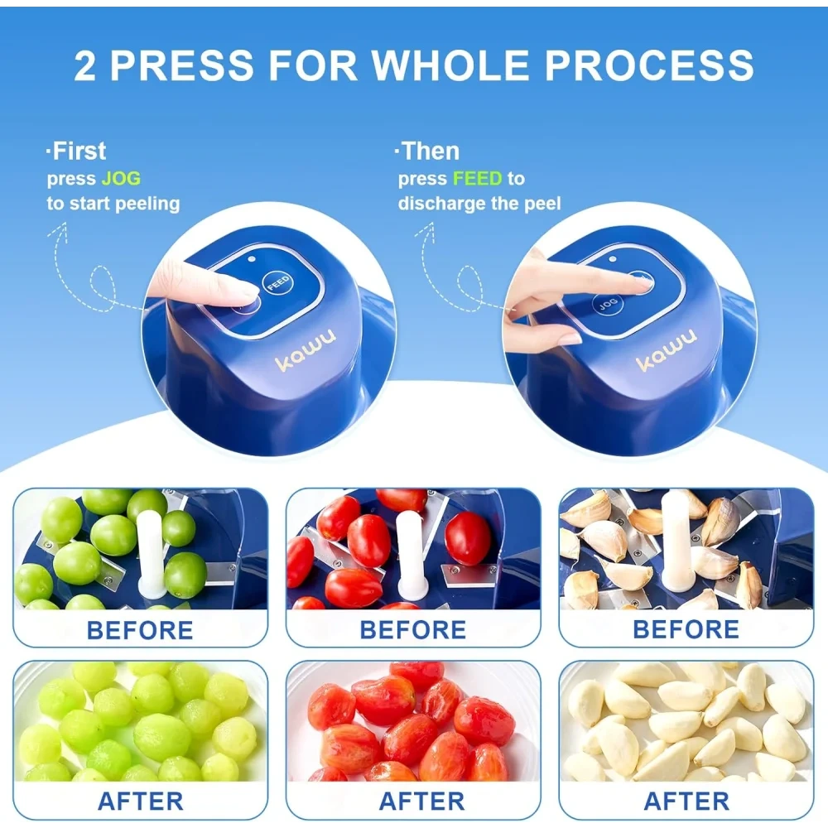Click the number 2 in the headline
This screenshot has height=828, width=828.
(x=85, y=65)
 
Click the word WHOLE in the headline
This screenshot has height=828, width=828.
(x=450, y=65)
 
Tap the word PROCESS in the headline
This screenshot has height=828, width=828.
(x=649, y=65)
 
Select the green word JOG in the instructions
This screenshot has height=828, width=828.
(x=121, y=179)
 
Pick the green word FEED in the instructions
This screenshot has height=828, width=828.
(x=478, y=179)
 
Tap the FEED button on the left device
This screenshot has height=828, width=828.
(x=277, y=283)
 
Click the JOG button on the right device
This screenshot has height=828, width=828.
(x=608, y=304)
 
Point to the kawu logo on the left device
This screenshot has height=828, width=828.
(x=305, y=350)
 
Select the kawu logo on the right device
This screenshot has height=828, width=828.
(x=666, y=350)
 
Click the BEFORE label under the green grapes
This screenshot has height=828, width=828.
(x=140, y=630)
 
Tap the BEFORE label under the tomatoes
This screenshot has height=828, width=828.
(x=413, y=630)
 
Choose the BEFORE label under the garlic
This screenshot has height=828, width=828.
(x=686, y=629)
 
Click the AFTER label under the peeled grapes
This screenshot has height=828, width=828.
(x=141, y=801)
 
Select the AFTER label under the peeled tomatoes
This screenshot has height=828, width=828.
(x=422, y=801)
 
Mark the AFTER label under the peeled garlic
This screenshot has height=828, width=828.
(x=686, y=801)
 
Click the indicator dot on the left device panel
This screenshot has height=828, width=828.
(x=252, y=259)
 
